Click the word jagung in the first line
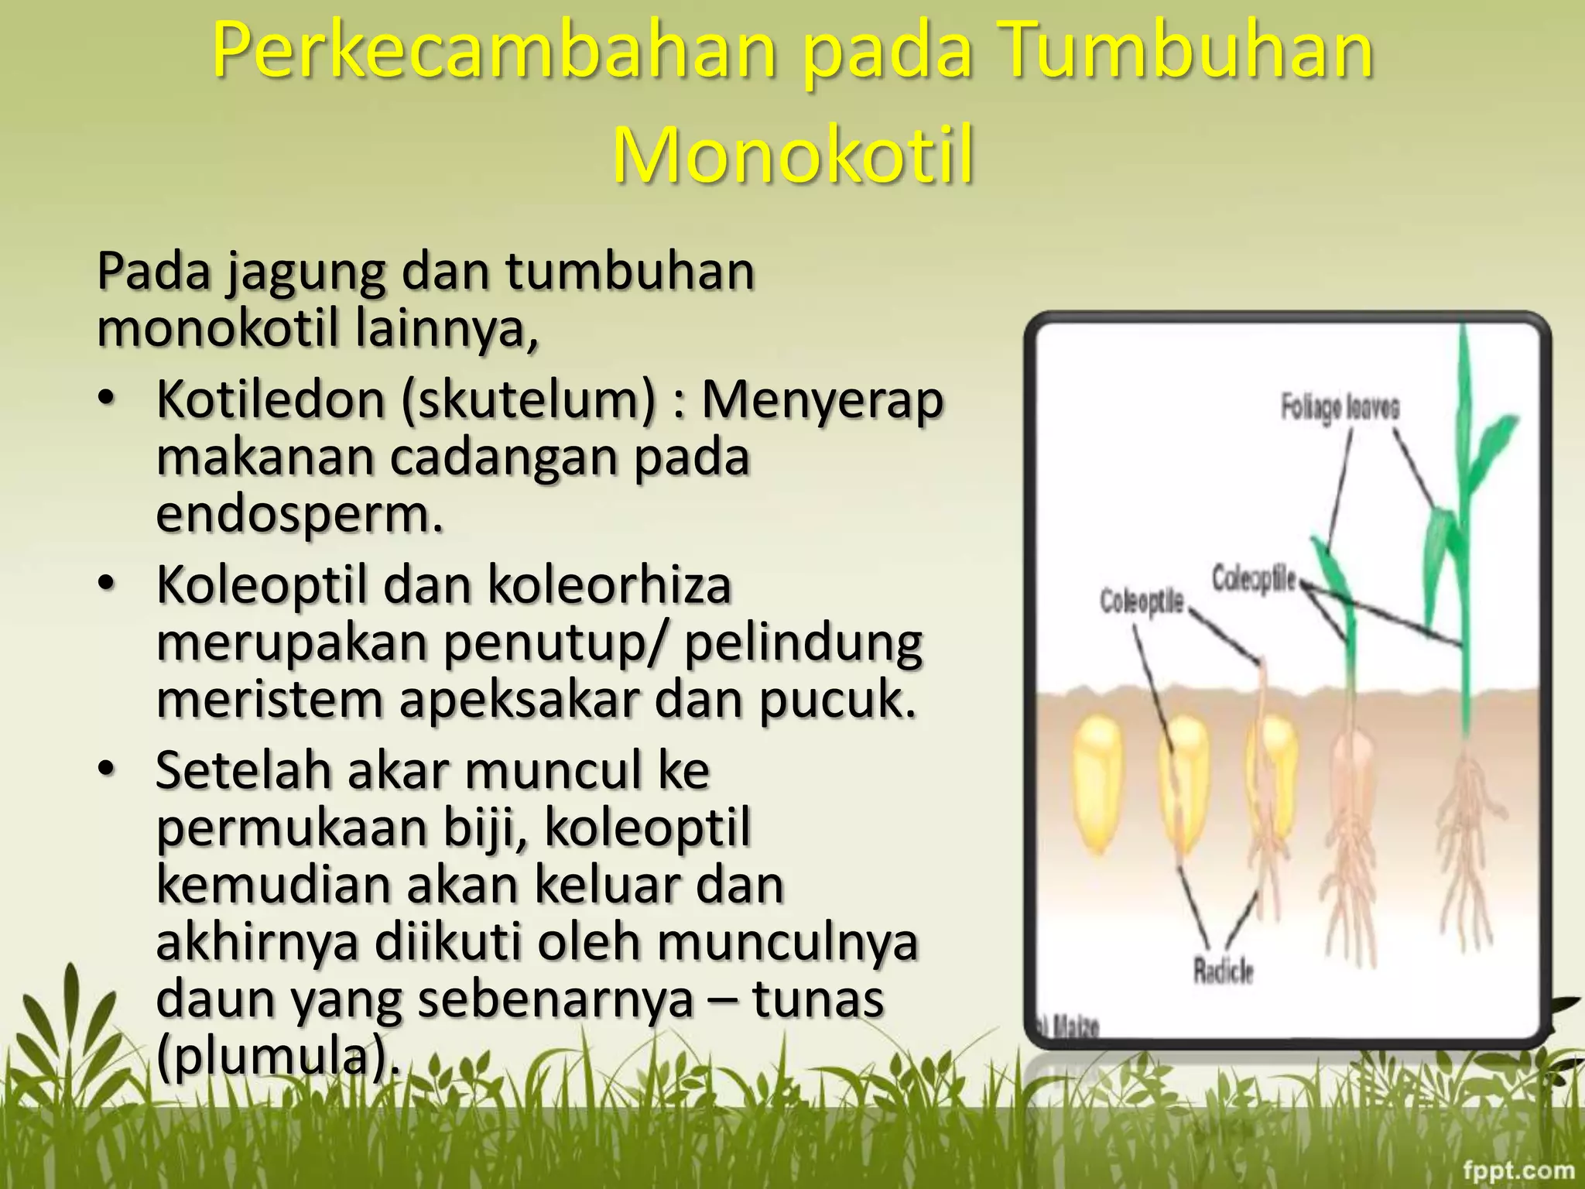[x=306, y=272]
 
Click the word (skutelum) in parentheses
[x=529, y=401]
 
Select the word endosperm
[x=299, y=514]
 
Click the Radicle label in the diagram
[x=1223, y=970]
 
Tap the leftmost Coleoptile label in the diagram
[x=1142, y=601]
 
